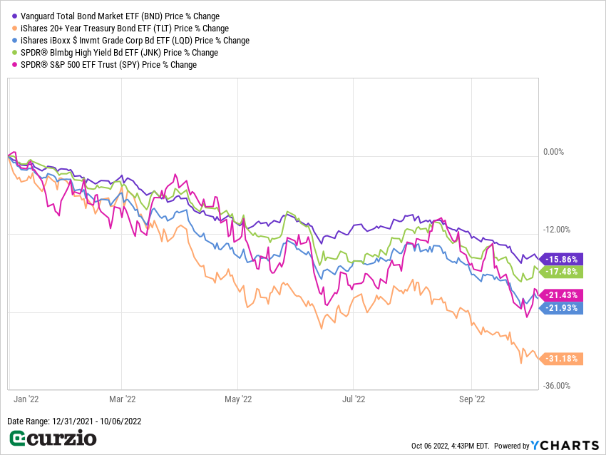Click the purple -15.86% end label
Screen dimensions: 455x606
[563, 259]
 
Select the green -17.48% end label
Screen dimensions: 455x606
[563, 272]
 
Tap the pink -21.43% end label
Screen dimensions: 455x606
[563, 295]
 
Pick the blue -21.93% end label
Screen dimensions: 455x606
[563, 307]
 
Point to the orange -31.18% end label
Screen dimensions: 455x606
[563, 359]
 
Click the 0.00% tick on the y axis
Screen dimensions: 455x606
[553, 152]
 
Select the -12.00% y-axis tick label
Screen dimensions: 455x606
[557, 230]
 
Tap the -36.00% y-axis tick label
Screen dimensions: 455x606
[557, 386]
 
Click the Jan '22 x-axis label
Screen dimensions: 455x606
[26, 400]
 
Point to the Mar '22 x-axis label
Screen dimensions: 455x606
[122, 400]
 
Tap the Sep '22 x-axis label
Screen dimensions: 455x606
[473, 400]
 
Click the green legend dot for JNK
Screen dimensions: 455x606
[14, 53]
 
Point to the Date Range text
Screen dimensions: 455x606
[74, 421]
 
